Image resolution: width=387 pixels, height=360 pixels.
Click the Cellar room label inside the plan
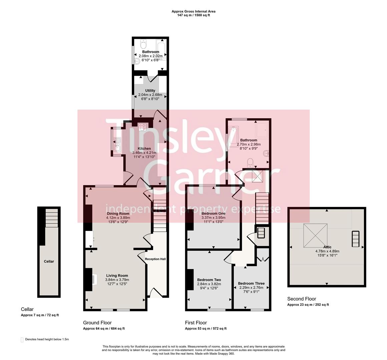click(x=49, y=261)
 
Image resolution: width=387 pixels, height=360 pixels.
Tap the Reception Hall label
click(x=155, y=259)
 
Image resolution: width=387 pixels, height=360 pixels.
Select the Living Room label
click(x=116, y=276)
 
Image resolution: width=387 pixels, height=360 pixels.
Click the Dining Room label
click(x=118, y=213)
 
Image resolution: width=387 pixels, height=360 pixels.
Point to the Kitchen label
click(x=144, y=149)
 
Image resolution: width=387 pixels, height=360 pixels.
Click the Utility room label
click(x=150, y=91)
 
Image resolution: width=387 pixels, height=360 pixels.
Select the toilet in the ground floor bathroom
click(x=143, y=44)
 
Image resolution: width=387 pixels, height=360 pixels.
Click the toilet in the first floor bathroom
click(x=250, y=162)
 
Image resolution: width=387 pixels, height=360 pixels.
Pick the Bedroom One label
click(x=213, y=213)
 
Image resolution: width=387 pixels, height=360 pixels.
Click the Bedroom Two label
click(x=209, y=280)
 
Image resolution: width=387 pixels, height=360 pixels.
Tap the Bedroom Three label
click(x=251, y=283)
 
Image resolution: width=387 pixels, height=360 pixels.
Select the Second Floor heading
click(x=302, y=299)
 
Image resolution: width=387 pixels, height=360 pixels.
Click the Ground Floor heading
click(x=97, y=323)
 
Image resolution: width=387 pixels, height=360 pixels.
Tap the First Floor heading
click(x=196, y=323)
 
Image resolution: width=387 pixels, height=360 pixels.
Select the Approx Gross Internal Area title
click(x=193, y=11)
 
